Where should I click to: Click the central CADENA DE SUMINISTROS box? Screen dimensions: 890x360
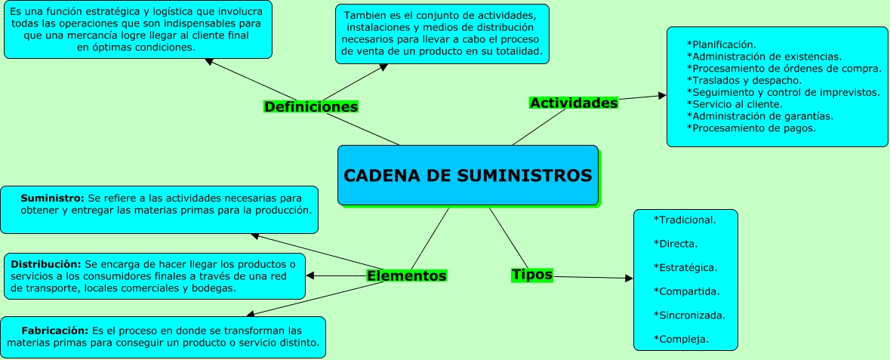467,175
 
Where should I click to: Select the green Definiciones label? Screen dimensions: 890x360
310,106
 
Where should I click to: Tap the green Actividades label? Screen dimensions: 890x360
574,102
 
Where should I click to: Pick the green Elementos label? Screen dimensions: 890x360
406,275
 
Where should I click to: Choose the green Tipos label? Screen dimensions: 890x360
532,275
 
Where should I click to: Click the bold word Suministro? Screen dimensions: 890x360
54,198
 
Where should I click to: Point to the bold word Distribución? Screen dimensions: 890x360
45,264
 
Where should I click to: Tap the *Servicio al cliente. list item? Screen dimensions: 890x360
734,104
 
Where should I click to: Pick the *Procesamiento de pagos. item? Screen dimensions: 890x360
751,128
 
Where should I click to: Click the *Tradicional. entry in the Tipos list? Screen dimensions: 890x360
684,220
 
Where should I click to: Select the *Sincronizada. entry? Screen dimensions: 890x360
688,315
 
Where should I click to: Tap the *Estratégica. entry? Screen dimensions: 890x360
685,267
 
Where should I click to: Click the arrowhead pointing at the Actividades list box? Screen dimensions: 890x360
662,95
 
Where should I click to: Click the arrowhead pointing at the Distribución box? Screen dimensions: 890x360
310,275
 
